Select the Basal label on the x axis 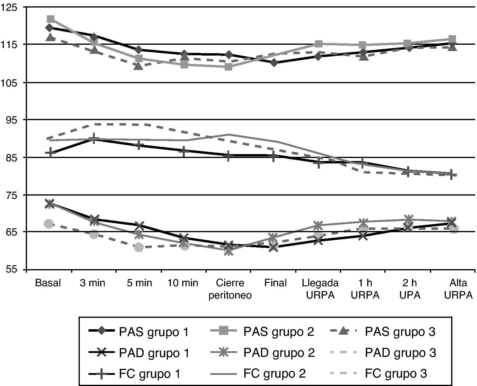(48, 283)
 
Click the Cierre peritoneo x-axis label (230, 289)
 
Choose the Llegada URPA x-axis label (320, 289)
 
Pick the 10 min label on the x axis (183, 283)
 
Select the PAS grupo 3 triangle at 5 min (139, 66)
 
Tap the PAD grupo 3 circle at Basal (49, 224)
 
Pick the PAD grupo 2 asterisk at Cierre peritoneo (229, 251)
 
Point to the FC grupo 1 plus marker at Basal (50, 153)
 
